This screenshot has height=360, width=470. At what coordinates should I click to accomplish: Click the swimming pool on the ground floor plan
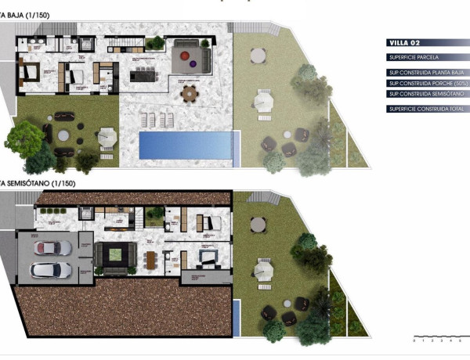coord(186,143)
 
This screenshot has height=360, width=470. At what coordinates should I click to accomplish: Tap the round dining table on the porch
coord(190,93)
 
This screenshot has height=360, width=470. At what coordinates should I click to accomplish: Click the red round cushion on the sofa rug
coord(180,57)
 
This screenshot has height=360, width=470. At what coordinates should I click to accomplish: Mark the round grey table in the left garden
coord(63,135)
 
